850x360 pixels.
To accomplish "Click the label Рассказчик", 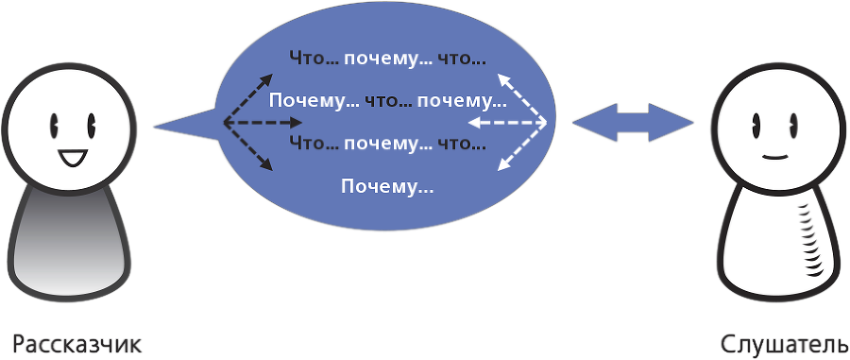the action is pos(77,343).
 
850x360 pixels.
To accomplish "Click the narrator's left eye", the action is pos(55,123).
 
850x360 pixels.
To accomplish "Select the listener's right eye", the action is pos(791,123).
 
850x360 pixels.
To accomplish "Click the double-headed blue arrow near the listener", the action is pos(632,122).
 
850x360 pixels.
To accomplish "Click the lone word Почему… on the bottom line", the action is pos(387,186).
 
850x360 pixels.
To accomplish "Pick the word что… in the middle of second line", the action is pos(382,100).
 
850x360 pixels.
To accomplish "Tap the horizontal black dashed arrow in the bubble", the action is pos(263,123).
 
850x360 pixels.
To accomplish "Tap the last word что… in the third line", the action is pos(461,145).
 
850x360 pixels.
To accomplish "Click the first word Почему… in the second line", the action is pos(305,100).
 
